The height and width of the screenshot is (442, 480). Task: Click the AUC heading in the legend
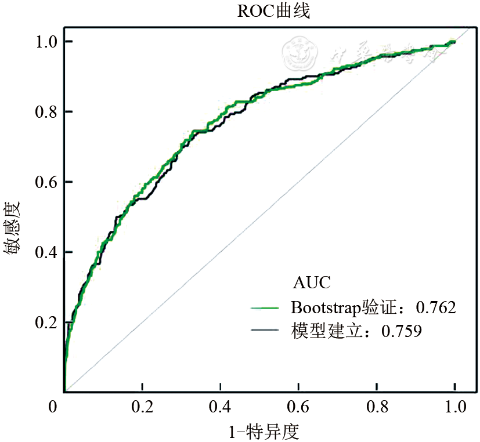click(312, 283)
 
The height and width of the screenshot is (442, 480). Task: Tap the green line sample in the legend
click(268, 307)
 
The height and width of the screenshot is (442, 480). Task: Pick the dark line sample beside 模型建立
click(268, 331)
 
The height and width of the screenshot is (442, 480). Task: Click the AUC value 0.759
click(400, 331)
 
